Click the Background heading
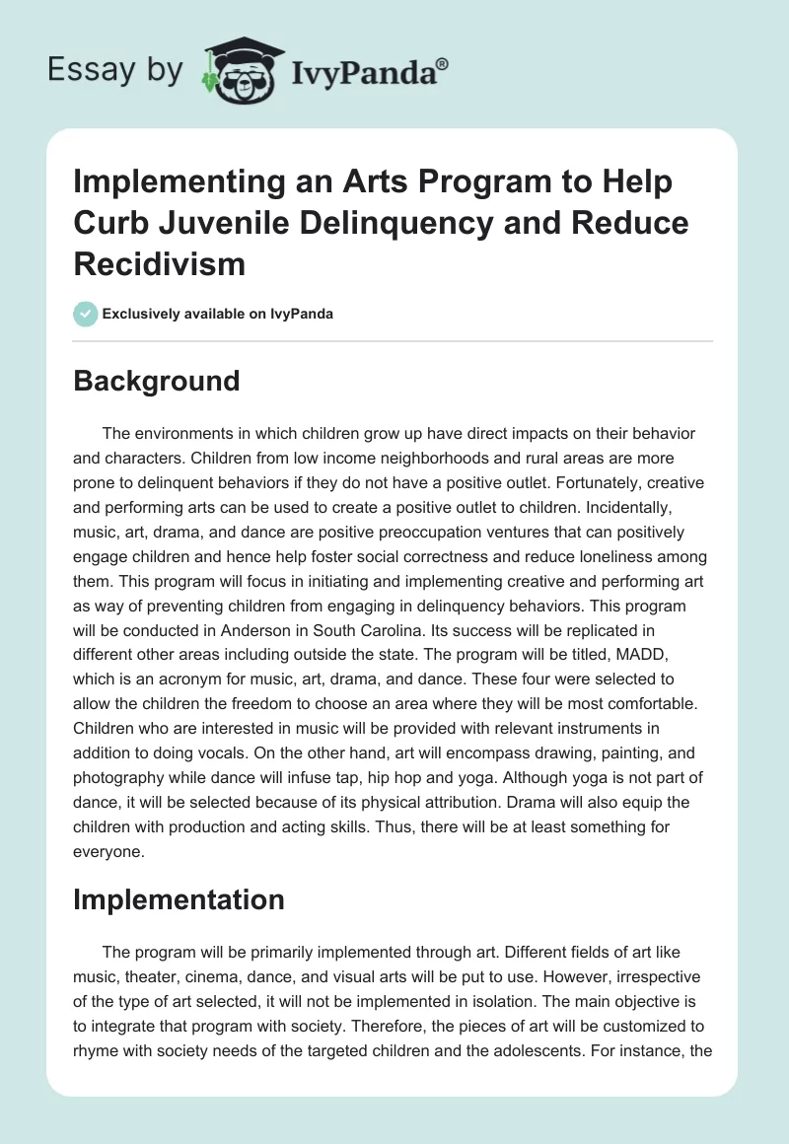point(157,381)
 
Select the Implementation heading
point(179,898)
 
